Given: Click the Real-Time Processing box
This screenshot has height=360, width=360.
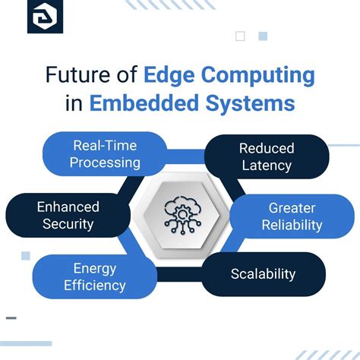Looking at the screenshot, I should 106,153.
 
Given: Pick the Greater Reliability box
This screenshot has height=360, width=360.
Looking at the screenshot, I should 292,216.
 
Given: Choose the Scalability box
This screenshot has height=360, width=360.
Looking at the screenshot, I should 263,274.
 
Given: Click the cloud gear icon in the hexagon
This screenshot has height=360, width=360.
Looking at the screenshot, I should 180,215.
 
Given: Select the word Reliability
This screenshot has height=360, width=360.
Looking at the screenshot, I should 292,226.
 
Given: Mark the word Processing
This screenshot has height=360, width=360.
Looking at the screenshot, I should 106,163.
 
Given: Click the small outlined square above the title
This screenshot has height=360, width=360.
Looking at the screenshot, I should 241,36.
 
